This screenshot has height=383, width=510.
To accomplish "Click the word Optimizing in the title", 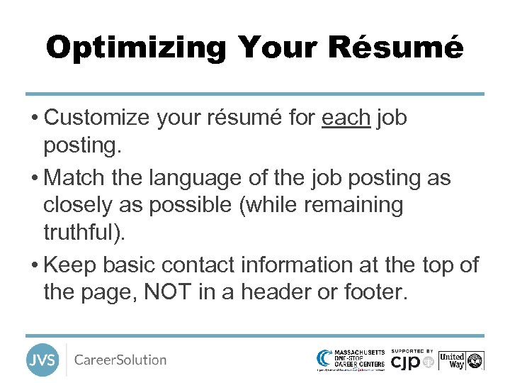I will pyautogui.click(x=136, y=48).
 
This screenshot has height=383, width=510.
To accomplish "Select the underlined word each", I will pyautogui.click(x=346, y=118).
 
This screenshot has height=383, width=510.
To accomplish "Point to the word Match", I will pyautogui.click(x=76, y=177).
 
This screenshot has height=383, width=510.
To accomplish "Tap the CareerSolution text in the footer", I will pyautogui.click(x=120, y=360).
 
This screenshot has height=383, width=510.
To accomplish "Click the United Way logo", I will pyautogui.click(x=460, y=360).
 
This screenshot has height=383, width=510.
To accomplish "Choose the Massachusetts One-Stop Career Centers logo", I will pyautogui.click(x=351, y=360).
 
